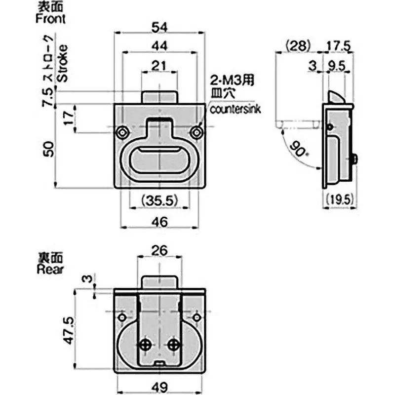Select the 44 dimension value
pos(159,46)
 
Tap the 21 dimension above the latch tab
pos(158,66)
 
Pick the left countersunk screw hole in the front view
pos(121,132)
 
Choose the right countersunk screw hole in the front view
pos(197,132)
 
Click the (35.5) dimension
pos(159,200)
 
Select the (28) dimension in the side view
pos(297,46)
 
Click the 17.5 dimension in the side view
pos(339,46)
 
